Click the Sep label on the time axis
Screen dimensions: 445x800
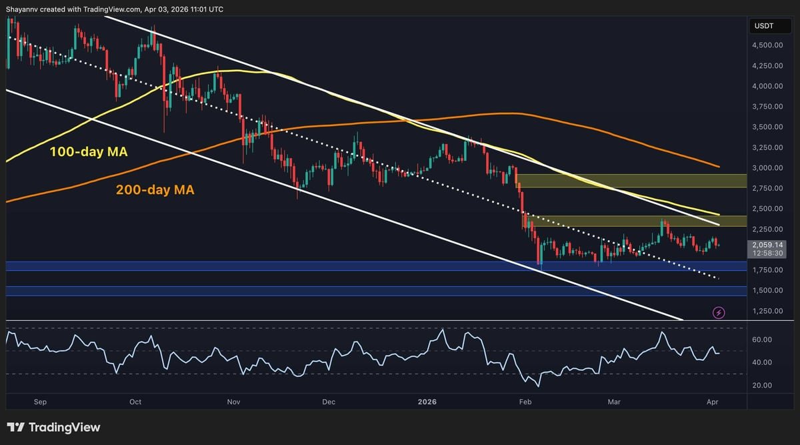click(39, 402)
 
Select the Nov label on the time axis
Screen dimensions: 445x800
click(233, 402)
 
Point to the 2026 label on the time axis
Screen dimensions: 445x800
click(427, 402)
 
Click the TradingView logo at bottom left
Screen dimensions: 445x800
click(53, 427)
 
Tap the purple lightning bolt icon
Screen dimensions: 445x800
click(719, 312)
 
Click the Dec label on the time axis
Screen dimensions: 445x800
click(328, 402)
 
